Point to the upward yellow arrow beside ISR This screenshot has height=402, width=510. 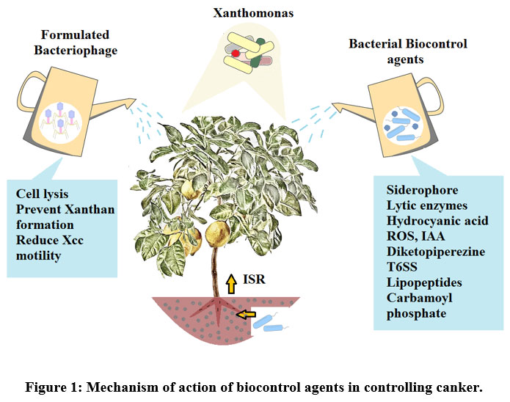(232, 282)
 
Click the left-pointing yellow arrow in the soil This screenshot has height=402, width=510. (247, 315)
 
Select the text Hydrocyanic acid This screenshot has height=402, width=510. (432, 219)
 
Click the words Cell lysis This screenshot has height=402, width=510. (43, 194)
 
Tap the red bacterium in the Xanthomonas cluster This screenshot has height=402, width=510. (236, 54)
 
